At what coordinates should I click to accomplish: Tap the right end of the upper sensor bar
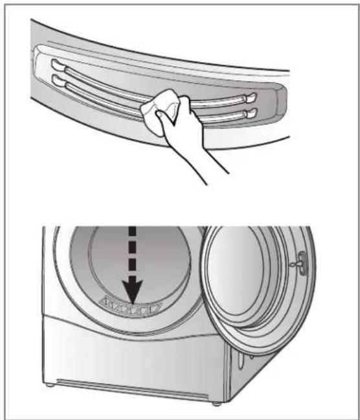[x=250, y=97]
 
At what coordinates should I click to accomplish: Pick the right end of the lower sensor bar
[x=249, y=113]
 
